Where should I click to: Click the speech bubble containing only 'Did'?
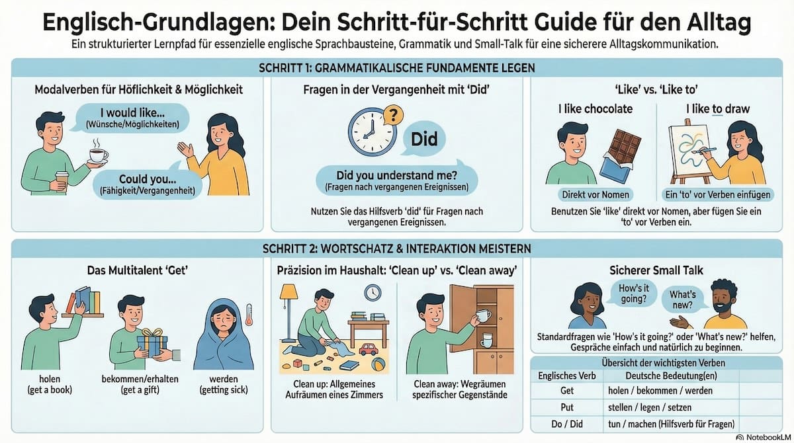(x=423, y=139)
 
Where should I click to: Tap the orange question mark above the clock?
(x=394, y=114)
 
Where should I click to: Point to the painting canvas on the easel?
(x=689, y=150)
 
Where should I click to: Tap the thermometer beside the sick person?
(x=249, y=315)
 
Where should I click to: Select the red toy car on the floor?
(x=369, y=349)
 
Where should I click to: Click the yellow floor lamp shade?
(x=288, y=291)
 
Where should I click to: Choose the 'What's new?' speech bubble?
(x=683, y=300)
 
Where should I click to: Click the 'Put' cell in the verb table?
(x=567, y=407)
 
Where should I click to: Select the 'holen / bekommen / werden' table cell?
(x=660, y=391)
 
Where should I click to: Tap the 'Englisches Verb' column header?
(x=567, y=376)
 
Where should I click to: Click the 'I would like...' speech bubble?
(x=132, y=118)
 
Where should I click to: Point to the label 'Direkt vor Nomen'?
(x=595, y=195)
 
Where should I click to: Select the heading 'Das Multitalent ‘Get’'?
(x=138, y=270)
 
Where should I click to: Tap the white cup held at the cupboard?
(x=482, y=315)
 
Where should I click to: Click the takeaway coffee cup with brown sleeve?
(x=62, y=182)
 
